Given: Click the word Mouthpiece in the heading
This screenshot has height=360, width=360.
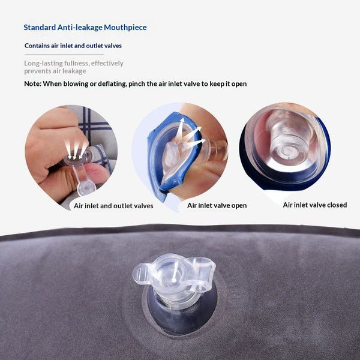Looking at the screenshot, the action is pos(125,28).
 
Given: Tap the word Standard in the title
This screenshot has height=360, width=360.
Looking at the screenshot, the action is pos(40,28).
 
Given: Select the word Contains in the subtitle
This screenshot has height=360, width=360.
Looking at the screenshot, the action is pos(37,46).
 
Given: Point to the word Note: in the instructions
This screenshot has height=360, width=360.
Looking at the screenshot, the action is pos(32,84).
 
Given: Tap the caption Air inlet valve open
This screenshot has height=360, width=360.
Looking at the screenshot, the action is pos(217,205).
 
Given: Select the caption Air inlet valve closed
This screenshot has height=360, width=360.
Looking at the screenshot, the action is pos(315,205).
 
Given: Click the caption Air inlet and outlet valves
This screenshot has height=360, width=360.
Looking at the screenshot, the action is pos(113,206).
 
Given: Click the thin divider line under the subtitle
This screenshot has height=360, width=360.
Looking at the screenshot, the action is pos(64,55).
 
